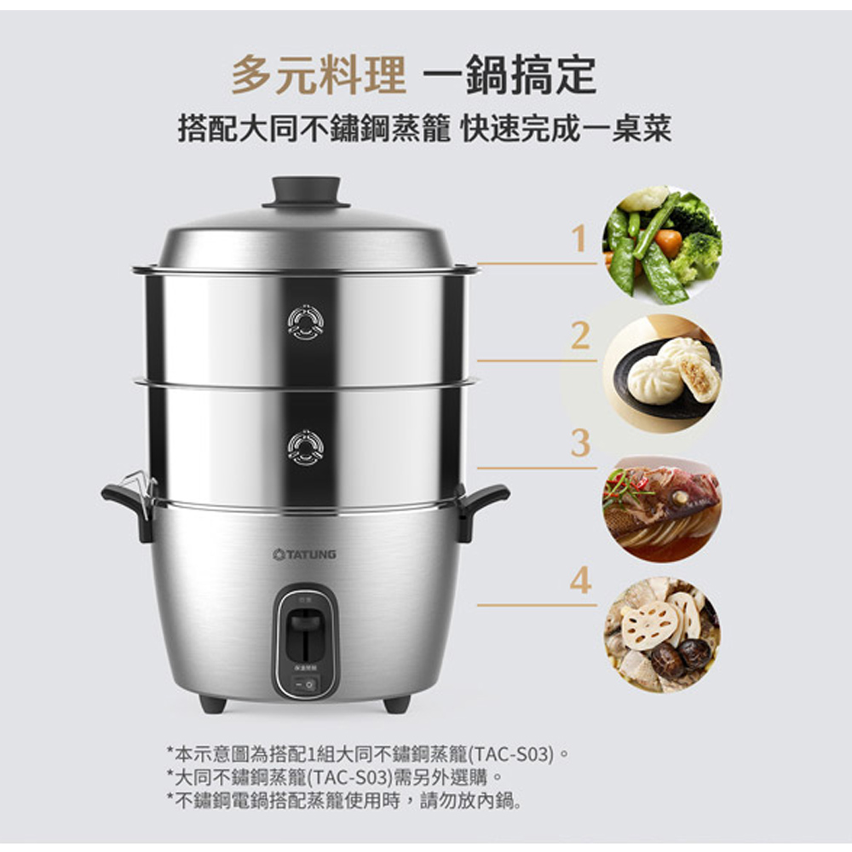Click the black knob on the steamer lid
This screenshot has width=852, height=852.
pyautogui.click(x=306, y=192)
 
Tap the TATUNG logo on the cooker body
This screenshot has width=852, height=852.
pyautogui.click(x=305, y=555)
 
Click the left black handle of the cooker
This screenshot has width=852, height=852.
pyautogui.click(x=127, y=505)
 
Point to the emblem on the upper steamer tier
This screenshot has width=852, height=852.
pyautogui.click(x=305, y=322)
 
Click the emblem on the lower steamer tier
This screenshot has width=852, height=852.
pyautogui.click(x=305, y=448)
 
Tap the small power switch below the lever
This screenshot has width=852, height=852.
pyautogui.click(x=305, y=684)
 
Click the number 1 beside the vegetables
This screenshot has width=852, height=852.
pyautogui.click(x=580, y=239)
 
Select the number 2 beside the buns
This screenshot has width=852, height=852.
pyautogui.click(x=580, y=336)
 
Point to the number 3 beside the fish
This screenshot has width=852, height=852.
pyautogui.click(x=580, y=443)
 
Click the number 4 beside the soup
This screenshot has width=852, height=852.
pyautogui.click(x=580, y=579)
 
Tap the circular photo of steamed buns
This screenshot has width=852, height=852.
pyautogui.click(x=663, y=373)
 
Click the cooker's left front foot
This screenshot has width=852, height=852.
pyautogui.click(x=212, y=704)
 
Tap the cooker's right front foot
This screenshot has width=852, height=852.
pyautogui.click(x=397, y=704)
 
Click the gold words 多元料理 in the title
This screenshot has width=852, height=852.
pyautogui.click(x=319, y=75)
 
